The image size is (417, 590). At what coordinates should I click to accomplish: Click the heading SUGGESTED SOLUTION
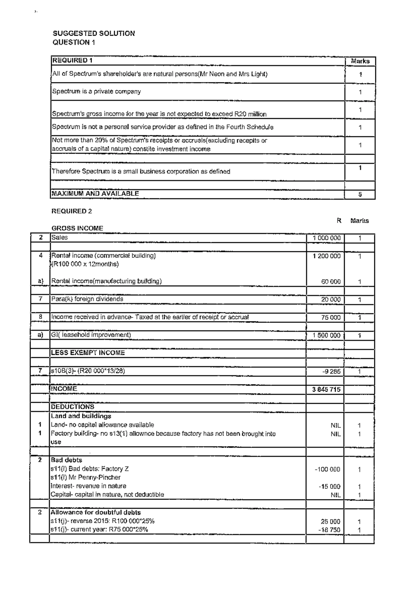click(93, 33)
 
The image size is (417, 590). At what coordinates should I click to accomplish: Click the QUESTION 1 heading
click(74, 42)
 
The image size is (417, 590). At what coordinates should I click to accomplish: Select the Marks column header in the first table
click(360, 61)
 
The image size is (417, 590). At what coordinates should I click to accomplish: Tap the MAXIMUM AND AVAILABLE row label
click(95, 194)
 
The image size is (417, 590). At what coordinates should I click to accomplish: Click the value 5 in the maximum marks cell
click(360, 195)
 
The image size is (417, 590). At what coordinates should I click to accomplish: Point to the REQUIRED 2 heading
click(72, 211)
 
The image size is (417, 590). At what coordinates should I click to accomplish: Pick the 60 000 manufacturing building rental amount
click(330, 282)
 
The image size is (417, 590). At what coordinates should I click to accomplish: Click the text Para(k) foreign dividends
click(87, 299)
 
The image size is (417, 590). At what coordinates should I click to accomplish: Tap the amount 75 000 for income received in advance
click(330, 318)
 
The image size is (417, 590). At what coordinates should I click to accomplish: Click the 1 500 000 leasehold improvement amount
click(326, 335)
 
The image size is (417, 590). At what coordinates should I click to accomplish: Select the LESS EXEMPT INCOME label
click(88, 353)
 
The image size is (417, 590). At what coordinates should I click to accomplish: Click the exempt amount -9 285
click(331, 371)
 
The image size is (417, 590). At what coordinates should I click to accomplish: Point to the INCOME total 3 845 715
click(326, 390)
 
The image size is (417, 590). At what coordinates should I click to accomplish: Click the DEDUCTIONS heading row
click(73, 407)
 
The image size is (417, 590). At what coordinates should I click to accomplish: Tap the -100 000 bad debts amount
click(327, 469)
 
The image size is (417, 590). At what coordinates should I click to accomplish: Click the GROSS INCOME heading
click(77, 228)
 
